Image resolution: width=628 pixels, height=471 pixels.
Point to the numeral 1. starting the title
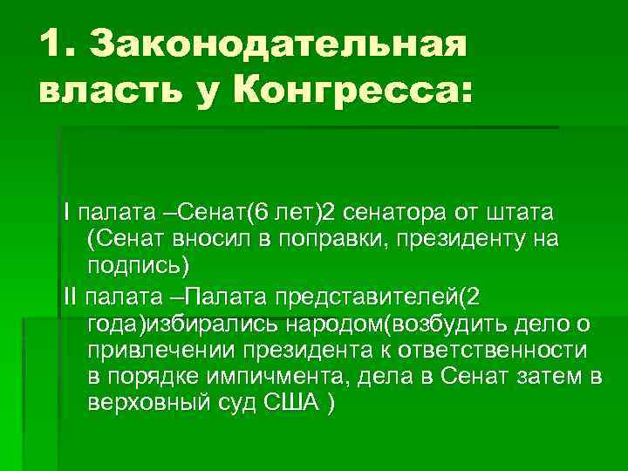57,44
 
